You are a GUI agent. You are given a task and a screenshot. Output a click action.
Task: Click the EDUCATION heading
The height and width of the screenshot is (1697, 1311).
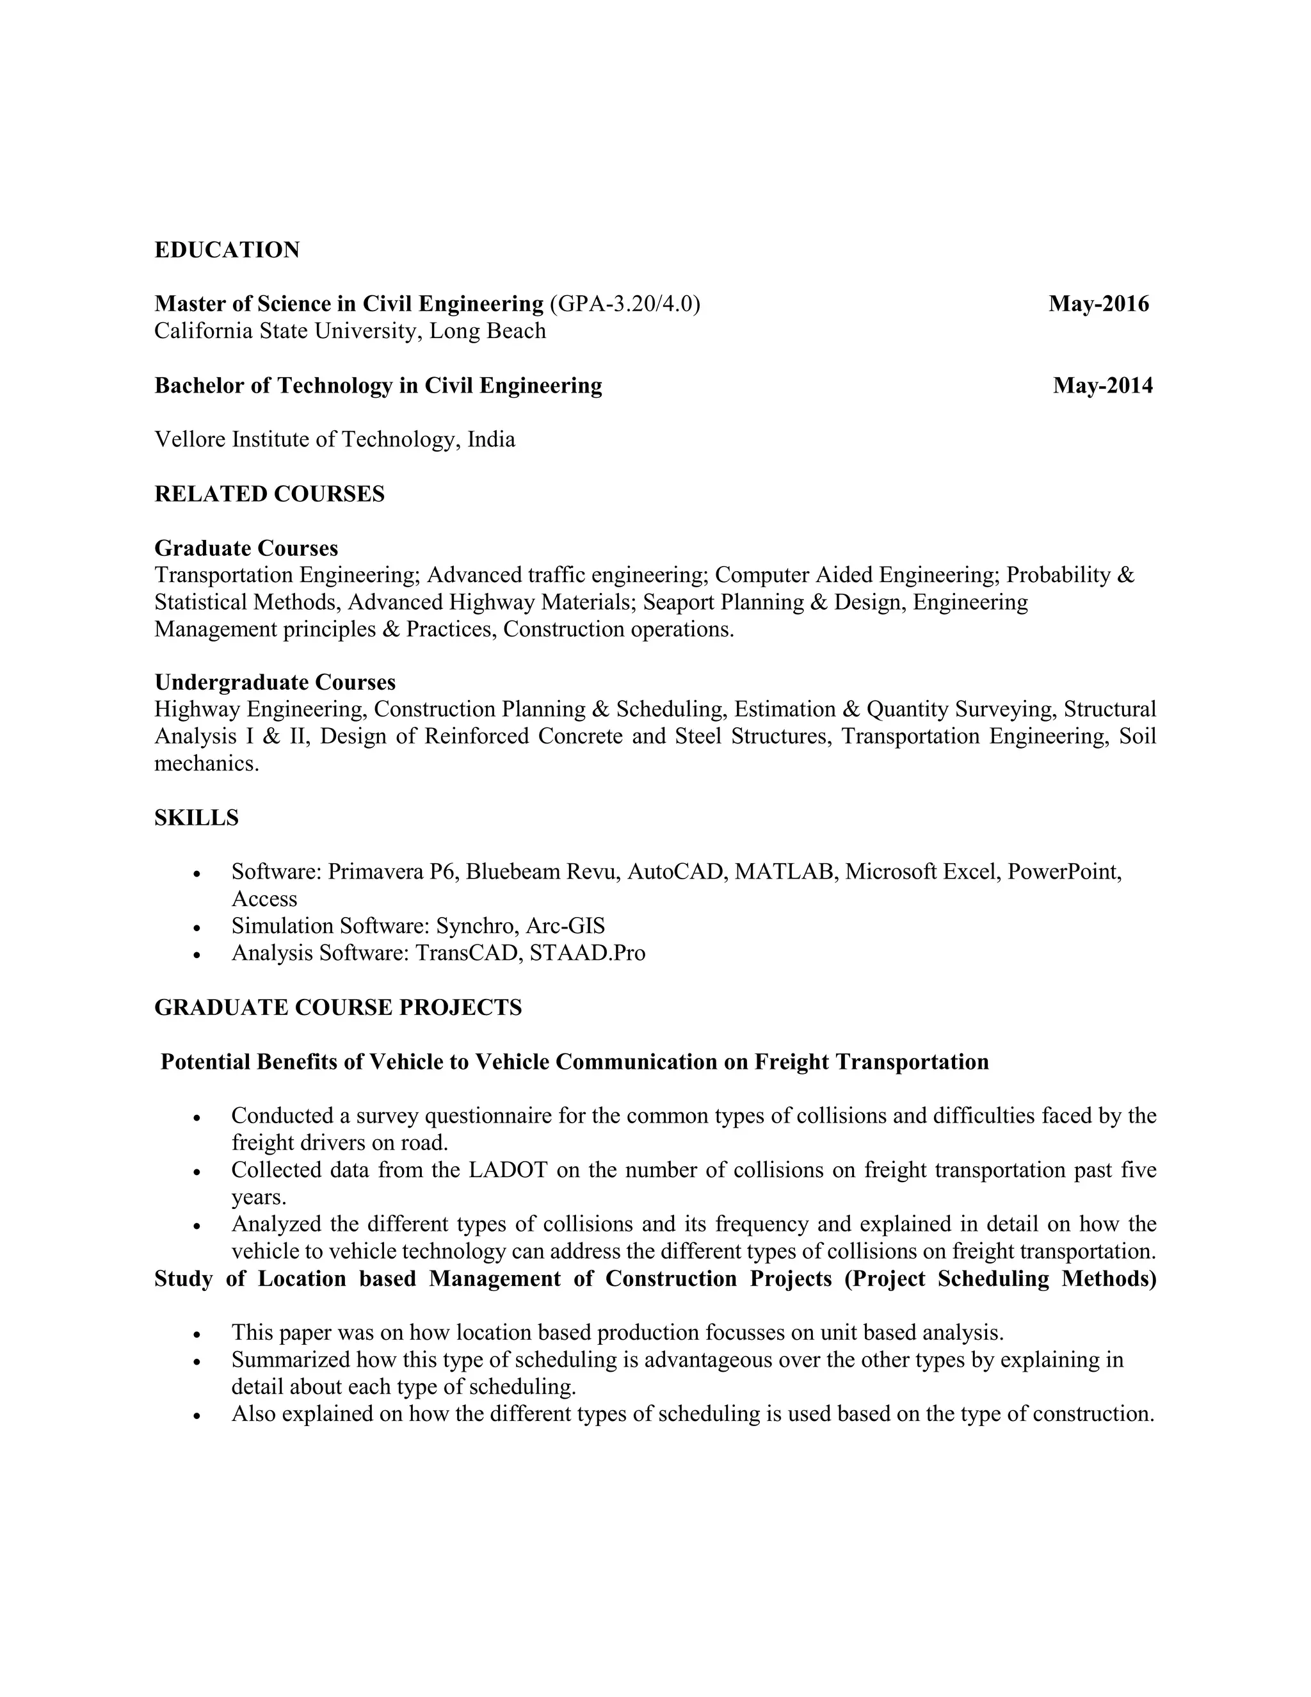tap(227, 250)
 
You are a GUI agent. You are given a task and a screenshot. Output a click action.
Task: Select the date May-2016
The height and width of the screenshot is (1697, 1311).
tap(1098, 304)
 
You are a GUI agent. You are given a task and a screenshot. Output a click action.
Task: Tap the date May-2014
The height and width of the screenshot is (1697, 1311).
tap(1103, 386)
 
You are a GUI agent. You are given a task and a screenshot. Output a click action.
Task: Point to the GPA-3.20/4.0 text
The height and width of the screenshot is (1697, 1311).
tap(624, 304)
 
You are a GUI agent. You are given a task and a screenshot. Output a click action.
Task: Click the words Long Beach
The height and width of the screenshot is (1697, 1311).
tap(488, 331)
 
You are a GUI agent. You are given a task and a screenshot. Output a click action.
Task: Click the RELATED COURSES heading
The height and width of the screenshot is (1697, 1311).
tap(269, 494)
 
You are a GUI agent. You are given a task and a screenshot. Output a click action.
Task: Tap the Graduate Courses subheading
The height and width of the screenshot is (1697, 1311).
tap(246, 549)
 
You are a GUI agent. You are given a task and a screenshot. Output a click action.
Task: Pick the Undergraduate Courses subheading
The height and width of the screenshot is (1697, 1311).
tap(275, 682)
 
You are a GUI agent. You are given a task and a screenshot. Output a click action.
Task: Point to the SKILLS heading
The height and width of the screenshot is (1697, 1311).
tap(197, 818)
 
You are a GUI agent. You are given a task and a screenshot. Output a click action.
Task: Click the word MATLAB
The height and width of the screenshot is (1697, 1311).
tap(785, 872)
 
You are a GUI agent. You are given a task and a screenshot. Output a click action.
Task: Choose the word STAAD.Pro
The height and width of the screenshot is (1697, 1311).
tap(587, 953)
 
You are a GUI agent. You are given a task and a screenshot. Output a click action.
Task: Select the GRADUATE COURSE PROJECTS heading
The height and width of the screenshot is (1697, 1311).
tap(338, 1008)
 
